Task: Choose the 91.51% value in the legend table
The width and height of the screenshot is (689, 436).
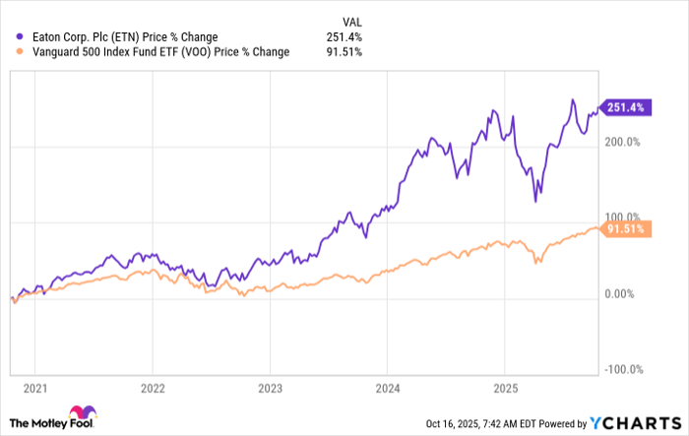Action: pos(346,52)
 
